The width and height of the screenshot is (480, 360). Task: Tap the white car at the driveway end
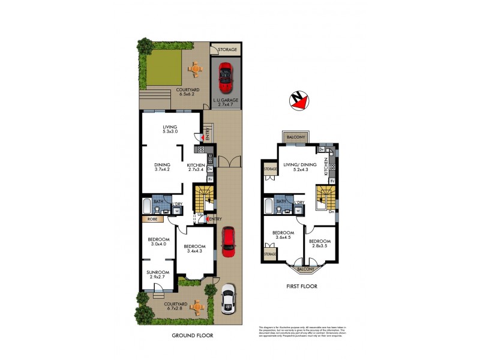[x=227, y=299]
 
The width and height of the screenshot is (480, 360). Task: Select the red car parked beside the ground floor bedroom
[x=228, y=242]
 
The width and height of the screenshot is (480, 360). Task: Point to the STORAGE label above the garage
[x=226, y=49]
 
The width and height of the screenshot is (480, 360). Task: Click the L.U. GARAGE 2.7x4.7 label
[x=226, y=101]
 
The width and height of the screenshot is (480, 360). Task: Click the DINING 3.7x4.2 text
[x=163, y=167]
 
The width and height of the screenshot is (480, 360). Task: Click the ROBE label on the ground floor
[x=151, y=220]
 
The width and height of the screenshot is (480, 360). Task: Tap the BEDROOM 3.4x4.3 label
[x=195, y=249]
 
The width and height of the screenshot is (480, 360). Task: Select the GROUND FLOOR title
[x=193, y=335]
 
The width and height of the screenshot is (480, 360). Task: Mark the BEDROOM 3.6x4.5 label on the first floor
[x=283, y=235]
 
